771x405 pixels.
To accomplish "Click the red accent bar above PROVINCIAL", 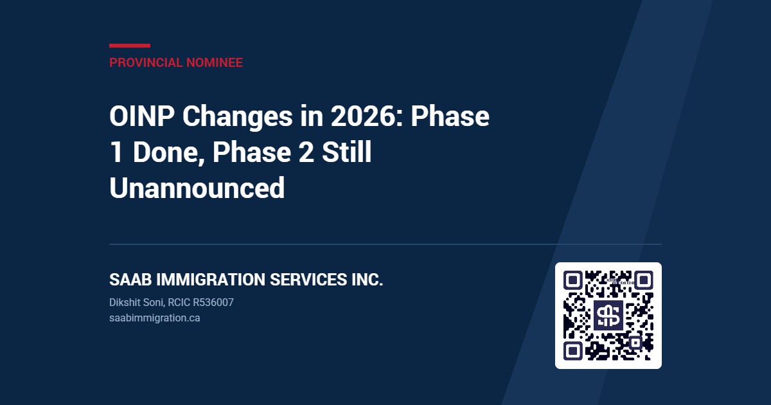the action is coord(130,46).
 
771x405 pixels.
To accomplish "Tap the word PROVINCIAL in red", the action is coord(146,63).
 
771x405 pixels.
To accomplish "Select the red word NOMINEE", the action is coord(215,63).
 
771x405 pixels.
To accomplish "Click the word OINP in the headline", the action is coord(142,116).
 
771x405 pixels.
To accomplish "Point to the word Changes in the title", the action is coord(238,117).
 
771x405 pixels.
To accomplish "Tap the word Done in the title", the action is coord(168,152).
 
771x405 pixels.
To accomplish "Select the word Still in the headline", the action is coord(347,152).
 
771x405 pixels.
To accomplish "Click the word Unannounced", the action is coord(197,188).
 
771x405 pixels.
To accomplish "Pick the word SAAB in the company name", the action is coord(130,279).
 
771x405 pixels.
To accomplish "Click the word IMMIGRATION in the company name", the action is coord(211,279).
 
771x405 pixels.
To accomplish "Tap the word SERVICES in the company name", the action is coord(308,279).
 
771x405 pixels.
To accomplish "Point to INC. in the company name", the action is coord(368,279).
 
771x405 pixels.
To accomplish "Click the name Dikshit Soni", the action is coord(136,302).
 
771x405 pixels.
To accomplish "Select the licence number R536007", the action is coord(213,302).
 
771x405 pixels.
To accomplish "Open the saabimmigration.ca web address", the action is coord(155,318).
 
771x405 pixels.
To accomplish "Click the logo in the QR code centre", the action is coord(608,316).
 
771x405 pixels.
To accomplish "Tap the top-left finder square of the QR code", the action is coord(572,280).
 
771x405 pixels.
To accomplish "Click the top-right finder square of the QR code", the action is coord(644,280).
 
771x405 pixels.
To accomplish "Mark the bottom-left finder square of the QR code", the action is coord(572,351).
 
